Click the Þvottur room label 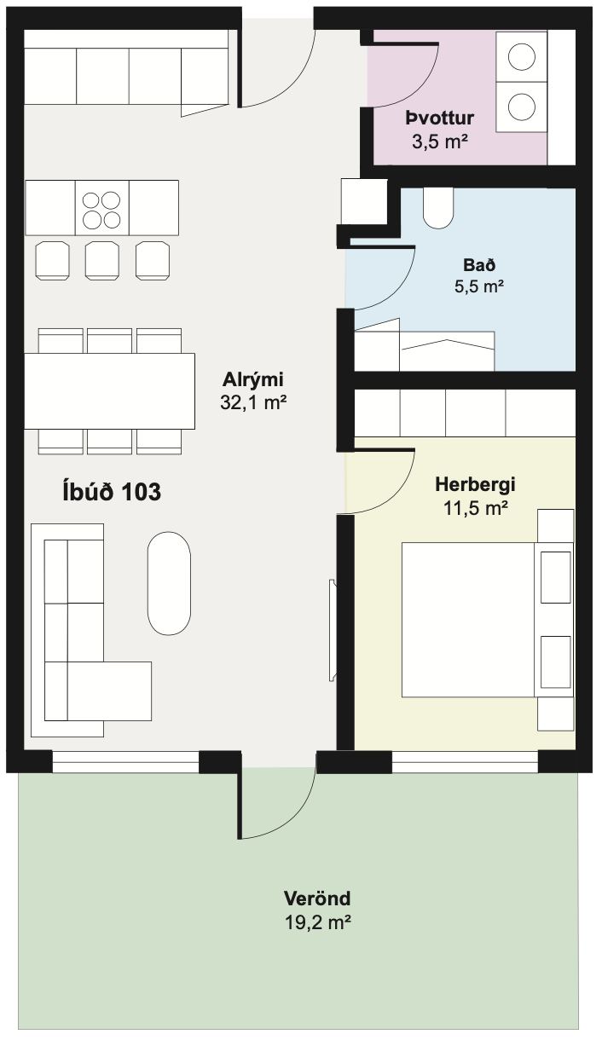pos(439,118)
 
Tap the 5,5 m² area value pos(479,286)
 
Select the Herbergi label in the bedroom pos(475,485)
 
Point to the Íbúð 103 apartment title pos(112,491)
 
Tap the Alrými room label pos(252,379)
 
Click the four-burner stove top pos(101,208)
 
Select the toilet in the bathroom pos(438,208)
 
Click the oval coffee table pos(169,584)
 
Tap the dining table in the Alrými pos(110,391)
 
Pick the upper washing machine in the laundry pos(521,56)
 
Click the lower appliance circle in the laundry pos(521,107)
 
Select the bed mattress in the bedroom pos(468,620)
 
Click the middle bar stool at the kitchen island pos(102,261)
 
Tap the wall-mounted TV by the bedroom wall pos(333,630)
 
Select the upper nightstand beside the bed pos(556,526)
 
